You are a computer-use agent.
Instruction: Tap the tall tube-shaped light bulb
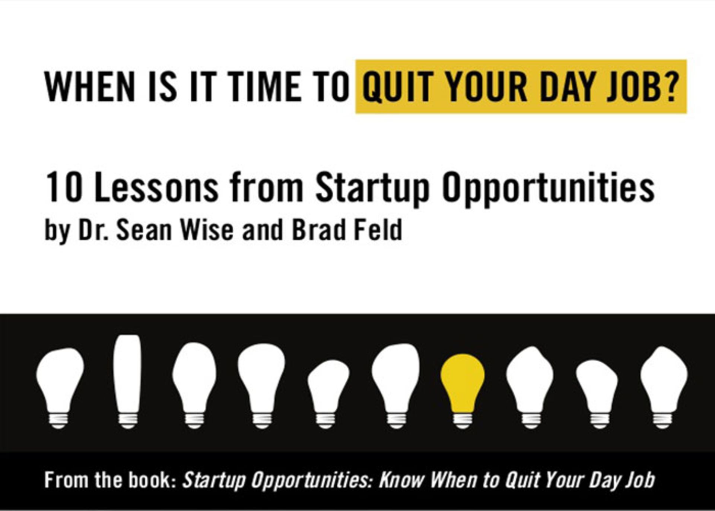coord(127,380)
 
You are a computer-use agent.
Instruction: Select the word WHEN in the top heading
coord(90,87)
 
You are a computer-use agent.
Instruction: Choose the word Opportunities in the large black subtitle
coord(548,190)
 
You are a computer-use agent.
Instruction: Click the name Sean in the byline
coord(144,230)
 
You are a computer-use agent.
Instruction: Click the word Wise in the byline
coord(207,230)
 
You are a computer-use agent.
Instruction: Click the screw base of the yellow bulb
coord(463,420)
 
